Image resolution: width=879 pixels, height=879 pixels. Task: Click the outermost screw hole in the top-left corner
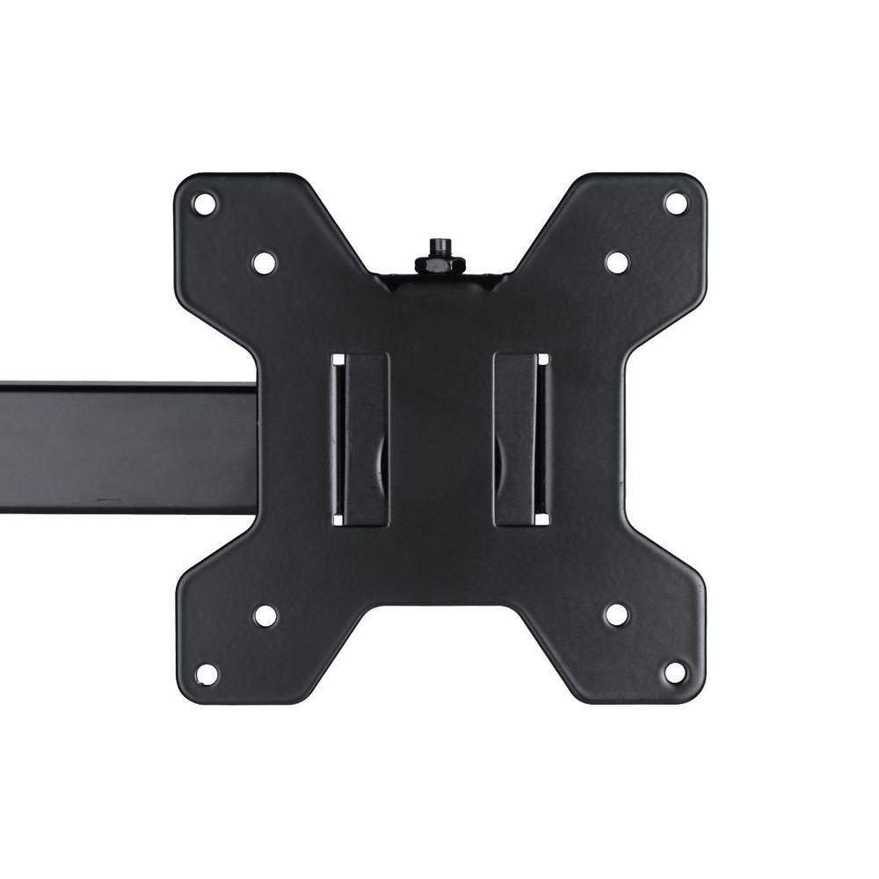204,204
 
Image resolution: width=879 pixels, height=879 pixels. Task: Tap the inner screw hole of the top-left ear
264,262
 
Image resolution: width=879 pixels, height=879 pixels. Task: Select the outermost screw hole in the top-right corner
675,203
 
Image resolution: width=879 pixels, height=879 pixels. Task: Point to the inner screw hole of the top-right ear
617,262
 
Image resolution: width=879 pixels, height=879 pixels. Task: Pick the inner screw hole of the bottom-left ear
265,615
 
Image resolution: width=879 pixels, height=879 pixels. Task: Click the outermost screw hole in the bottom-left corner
206,674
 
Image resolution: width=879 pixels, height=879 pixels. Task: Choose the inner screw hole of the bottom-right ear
617,614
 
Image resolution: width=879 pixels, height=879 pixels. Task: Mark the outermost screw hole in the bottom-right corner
675,673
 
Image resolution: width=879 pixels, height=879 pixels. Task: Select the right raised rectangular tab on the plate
516,439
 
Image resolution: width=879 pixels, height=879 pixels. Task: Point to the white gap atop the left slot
338,360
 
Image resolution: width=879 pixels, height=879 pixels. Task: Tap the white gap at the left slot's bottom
338,519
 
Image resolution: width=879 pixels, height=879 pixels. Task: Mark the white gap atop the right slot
542,360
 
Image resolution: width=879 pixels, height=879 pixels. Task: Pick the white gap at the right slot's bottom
542,519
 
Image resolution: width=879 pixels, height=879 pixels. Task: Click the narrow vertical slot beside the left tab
338,439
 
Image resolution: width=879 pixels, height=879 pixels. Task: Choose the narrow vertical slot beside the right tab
542,439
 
